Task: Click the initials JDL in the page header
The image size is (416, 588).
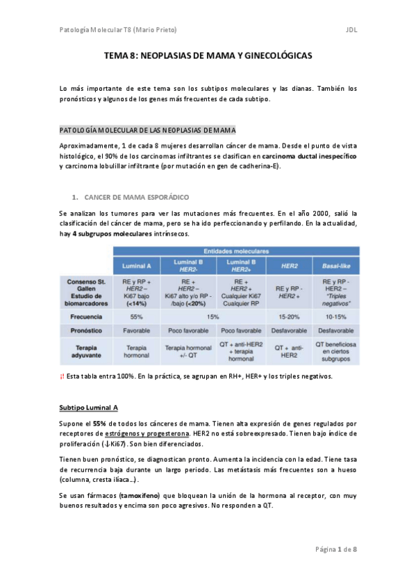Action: click(x=351, y=30)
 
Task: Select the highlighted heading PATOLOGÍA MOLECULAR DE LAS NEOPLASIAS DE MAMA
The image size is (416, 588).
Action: click(x=147, y=130)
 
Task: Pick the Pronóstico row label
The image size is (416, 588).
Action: click(x=87, y=331)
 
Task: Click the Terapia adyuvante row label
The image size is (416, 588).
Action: click(x=87, y=351)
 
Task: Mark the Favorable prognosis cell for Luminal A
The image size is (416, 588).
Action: click(x=136, y=331)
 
